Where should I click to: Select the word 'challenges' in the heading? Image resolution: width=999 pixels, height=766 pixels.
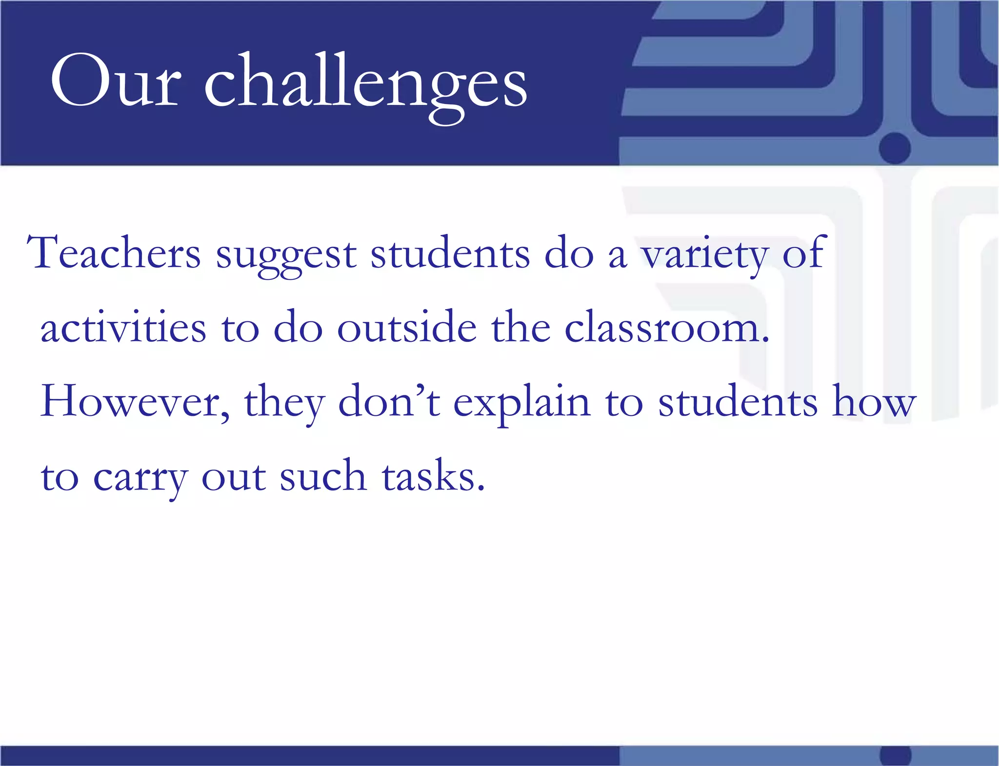(365, 83)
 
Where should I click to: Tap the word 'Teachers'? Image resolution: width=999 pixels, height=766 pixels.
(113, 254)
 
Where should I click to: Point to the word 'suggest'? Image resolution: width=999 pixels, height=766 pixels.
(286, 256)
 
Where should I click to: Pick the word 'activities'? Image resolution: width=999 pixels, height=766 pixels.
(123, 328)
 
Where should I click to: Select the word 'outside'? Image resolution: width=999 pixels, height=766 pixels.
(407, 328)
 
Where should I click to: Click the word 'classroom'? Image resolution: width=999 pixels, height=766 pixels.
(666, 328)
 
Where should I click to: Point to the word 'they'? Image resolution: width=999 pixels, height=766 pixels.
(284, 404)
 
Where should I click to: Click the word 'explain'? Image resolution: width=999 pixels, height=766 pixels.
(521, 404)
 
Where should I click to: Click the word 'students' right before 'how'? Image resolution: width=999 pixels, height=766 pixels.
(738, 402)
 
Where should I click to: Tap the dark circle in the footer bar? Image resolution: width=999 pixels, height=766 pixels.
(895, 756)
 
